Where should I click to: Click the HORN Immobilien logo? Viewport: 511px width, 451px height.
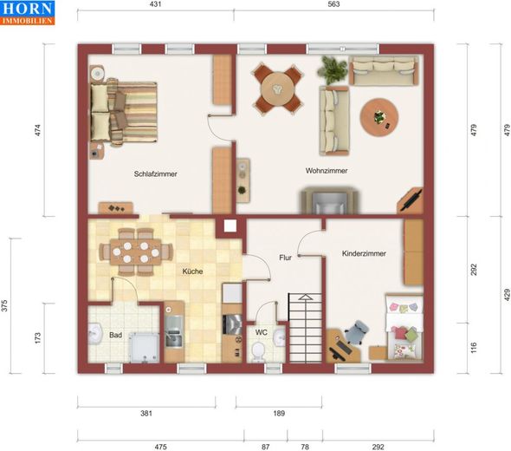click(28, 13)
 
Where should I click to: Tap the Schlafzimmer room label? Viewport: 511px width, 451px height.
click(155, 174)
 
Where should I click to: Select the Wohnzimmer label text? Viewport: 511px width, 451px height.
click(327, 171)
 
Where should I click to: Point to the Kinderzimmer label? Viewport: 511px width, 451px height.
click(364, 253)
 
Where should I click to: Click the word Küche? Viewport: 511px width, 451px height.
click(192, 271)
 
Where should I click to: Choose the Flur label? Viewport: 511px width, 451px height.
click(285, 258)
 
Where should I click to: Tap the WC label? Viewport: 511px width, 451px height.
click(261, 332)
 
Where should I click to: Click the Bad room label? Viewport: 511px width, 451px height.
click(116, 335)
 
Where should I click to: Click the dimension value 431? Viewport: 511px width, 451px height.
click(155, 4)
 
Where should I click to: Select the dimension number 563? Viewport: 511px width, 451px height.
click(333, 4)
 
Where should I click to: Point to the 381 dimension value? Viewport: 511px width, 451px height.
click(146, 414)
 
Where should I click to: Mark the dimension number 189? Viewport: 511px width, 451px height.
click(279, 414)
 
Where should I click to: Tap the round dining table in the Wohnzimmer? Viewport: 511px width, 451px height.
click(277, 88)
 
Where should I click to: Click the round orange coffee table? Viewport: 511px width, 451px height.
click(379, 117)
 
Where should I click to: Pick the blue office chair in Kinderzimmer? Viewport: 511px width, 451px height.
click(357, 332)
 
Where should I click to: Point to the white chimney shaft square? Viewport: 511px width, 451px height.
click(230, 225)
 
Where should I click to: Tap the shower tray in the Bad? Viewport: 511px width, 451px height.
click(144, 347)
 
